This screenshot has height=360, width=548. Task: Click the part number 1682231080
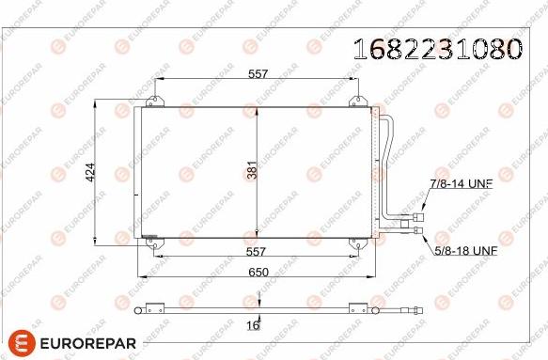tap(436, 48)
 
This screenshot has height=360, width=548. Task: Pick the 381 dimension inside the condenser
tap(252, 170)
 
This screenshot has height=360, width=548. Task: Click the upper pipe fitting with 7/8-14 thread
tap(414, 222)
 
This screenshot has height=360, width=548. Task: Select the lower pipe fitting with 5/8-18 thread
tap(414, 235)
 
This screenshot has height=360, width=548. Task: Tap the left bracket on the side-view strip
tap(150, 306)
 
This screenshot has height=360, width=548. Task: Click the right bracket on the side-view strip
tap(356, 306)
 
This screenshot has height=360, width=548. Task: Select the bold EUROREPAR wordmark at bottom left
tap(86, 343)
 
